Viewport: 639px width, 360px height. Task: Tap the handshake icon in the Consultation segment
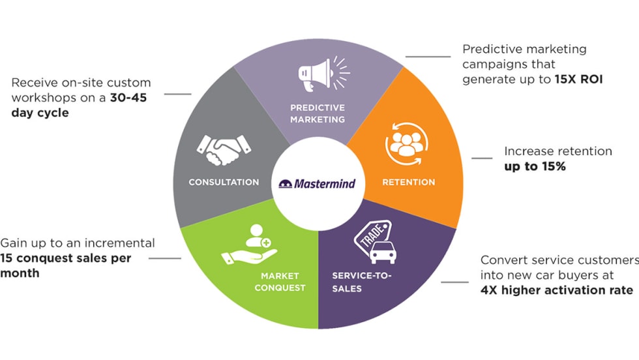[x=224, y=150]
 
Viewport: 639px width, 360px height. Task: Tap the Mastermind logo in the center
[x=318, y=183]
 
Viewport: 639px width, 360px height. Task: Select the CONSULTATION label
[x=224, y=182]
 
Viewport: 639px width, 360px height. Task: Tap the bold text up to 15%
[x=535, y=166]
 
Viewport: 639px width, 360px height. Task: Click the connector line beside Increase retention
[x=482, y=158]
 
